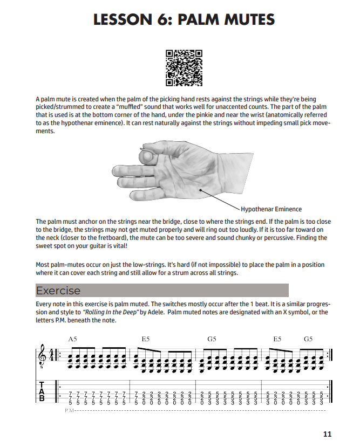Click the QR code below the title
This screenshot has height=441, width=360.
click(x=184, y=68)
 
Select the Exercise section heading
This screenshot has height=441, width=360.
click(x=58, y=291)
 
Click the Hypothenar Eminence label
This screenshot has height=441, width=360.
click(x=271, y=209)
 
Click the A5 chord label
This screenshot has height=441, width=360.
click(x=73, y=339)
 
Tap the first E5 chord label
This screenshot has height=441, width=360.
click(x=146, y=339)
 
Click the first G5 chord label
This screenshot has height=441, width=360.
click(x=212, y=339)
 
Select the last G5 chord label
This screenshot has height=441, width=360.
click(x=308, y=339)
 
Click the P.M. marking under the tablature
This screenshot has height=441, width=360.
click(x=69, y=411)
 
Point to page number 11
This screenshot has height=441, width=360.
click(x=328, y=434)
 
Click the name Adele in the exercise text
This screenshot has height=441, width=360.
click(x=176, y=313)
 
